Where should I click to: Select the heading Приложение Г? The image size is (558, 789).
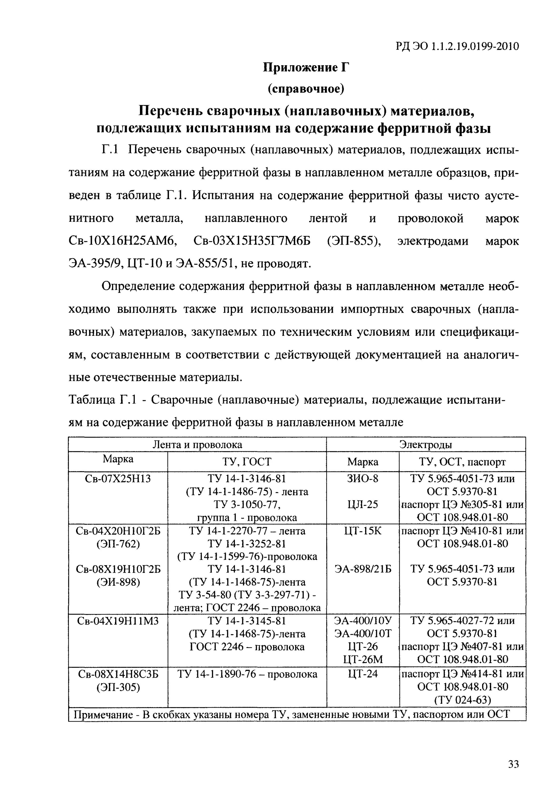click(306, 67)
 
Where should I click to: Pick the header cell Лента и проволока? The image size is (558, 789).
click(197, 445)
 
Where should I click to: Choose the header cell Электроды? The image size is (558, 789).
click(426, 445)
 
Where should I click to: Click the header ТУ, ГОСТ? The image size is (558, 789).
click(247, 462)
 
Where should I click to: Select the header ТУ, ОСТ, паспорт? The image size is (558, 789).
click(462, 462)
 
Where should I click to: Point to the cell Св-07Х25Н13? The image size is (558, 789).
click(118, 479)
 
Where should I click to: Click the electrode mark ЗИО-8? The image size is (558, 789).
click(363, 479)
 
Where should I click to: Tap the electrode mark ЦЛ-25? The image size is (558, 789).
click(363, 504)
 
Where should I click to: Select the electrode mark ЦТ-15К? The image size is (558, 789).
click(363, 531)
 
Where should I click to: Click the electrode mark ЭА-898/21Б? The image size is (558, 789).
click(363, 569)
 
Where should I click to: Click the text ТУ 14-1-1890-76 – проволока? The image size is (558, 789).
click(247, 674)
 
